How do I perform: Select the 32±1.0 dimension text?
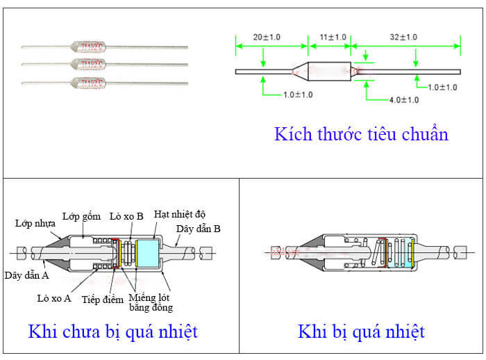(403, 37)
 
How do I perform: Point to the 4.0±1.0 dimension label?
(403, 100)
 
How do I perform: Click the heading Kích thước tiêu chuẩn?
(361, 133)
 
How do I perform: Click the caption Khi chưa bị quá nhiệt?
(112, 332)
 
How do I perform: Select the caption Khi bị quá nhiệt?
(361, 332)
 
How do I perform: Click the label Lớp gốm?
(78, 217)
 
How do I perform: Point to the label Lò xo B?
(126, 216)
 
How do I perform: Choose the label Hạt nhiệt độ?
(180, 213)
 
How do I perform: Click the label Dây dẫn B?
(199, 228)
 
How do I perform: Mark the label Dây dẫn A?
(26, 275)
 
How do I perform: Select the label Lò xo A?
(54, 298)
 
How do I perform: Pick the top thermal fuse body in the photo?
(90, 47)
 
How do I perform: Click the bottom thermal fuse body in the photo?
(90, 83)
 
